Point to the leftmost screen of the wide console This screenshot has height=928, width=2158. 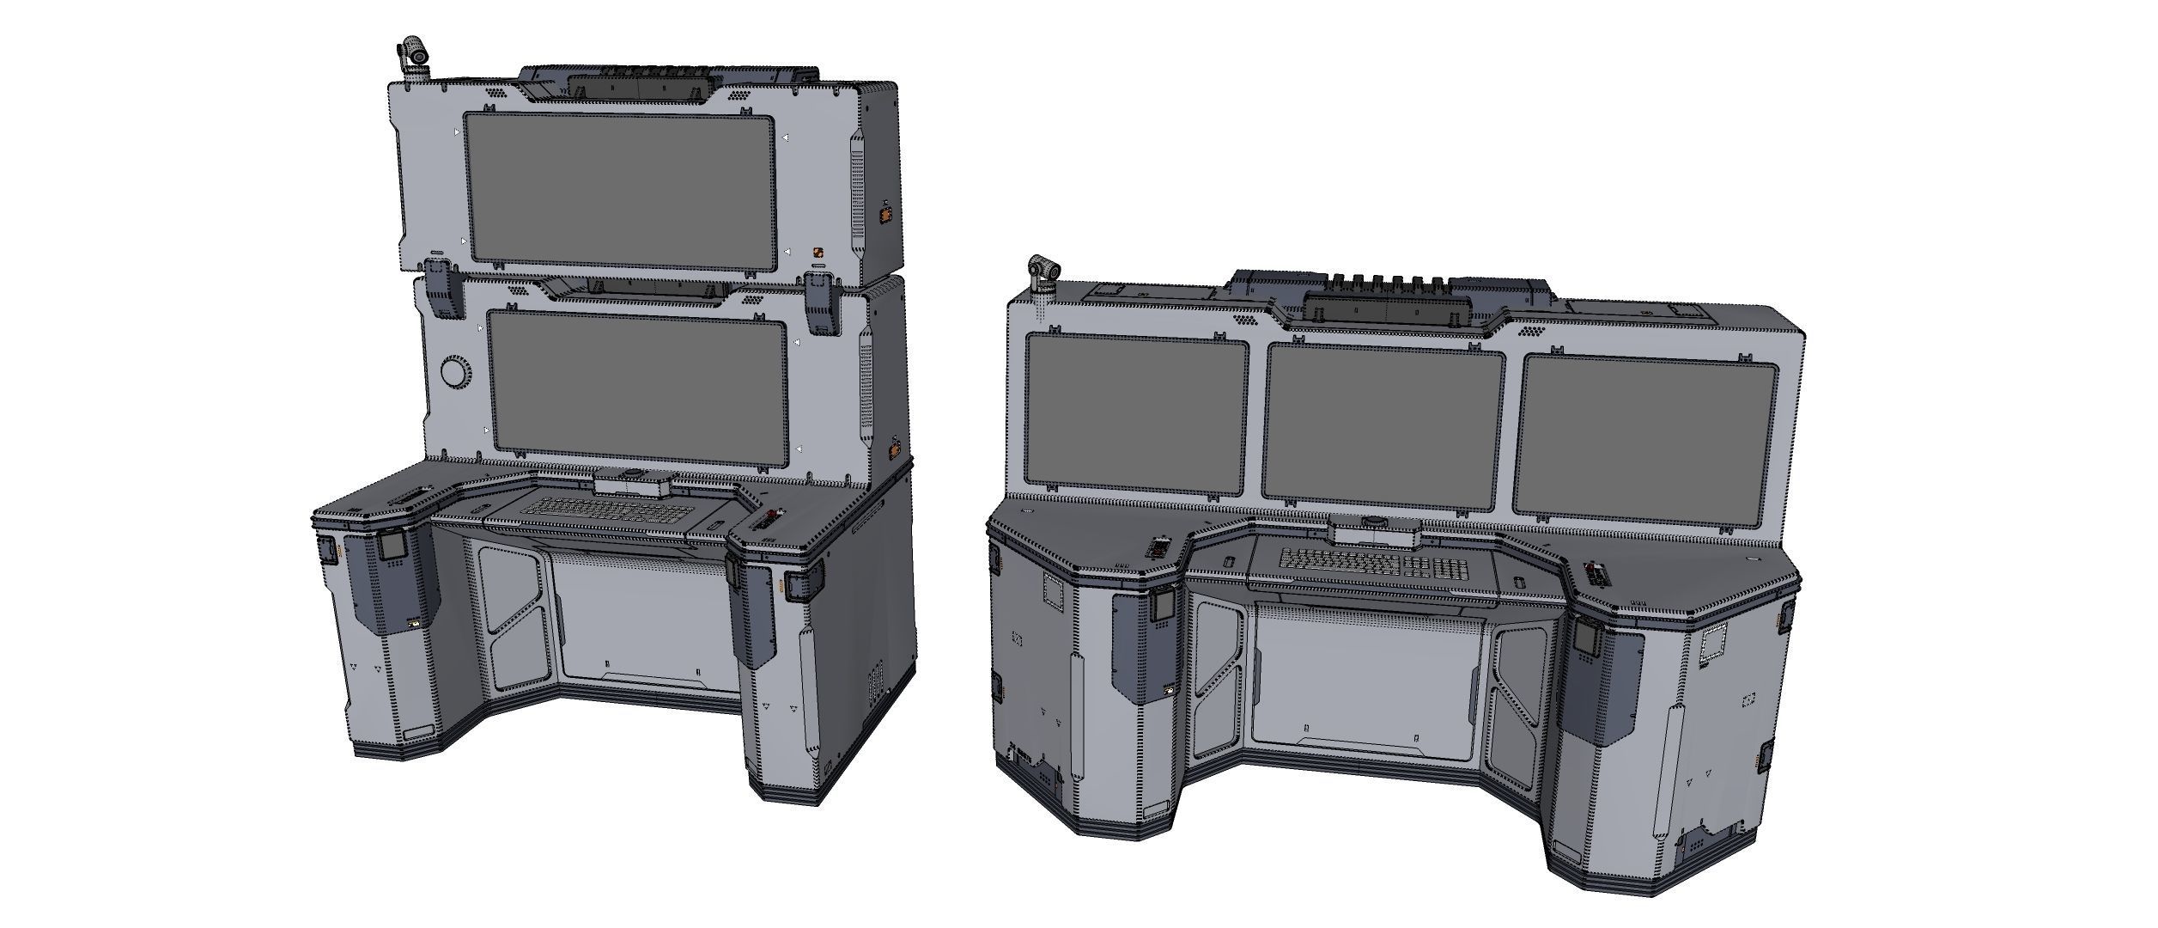1137,414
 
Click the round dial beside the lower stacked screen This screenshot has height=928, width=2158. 454,372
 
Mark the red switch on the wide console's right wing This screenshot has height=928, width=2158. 1596,571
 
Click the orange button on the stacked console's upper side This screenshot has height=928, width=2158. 884,212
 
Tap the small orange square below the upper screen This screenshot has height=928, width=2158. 818,253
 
